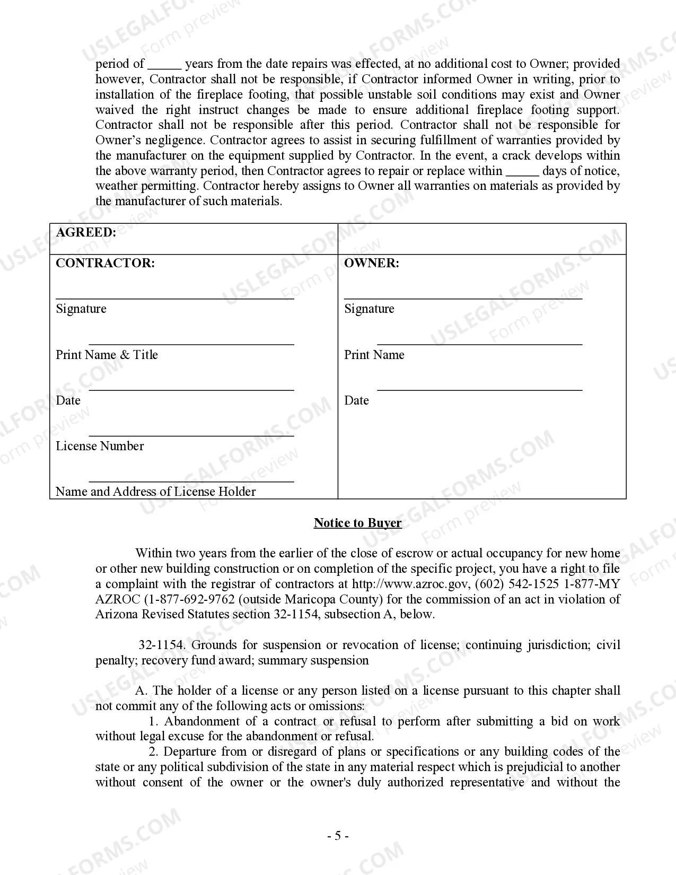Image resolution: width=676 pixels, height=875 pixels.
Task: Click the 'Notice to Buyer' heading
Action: pos(357,523)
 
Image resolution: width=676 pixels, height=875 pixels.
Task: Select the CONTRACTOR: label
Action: pos(105,263)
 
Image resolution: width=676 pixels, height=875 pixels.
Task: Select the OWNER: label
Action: pos(371,263)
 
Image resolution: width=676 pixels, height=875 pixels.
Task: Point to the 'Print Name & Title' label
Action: pos(107,355)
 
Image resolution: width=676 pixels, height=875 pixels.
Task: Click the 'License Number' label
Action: pos(100,446)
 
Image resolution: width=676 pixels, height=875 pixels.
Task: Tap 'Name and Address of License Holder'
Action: pos(155,492)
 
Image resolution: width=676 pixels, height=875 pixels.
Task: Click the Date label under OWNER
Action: pos(356,400)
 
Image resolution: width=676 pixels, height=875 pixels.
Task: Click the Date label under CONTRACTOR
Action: pos(68,400)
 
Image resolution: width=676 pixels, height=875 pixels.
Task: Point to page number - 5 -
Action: pos(338,836)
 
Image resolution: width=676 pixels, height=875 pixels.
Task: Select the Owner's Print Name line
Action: pos(479,344)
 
